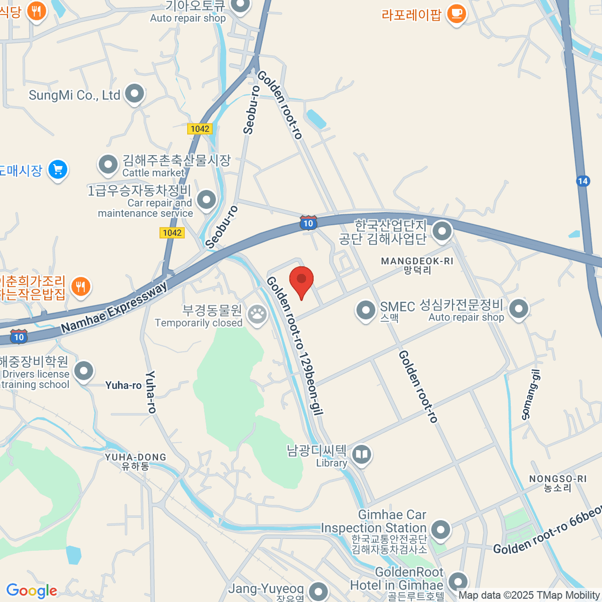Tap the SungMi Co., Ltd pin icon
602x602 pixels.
tap(134, 93)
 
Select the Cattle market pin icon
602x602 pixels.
tap(108, 164)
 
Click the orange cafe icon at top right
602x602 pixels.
tap(456, 13)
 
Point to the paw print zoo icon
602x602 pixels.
tap(257, 315)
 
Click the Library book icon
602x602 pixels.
tap(361, 455)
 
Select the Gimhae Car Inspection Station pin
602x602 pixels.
tap(440, 529)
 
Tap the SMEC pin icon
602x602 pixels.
tap(366, 310)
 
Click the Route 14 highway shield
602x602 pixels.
tap(582, 181)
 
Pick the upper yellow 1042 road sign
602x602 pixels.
tap(200, 129)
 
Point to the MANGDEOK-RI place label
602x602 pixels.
tap(417, 261)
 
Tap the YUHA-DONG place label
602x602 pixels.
tap(135, 457)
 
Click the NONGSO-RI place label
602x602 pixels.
tap(558, 479)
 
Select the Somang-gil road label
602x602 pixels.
tap(531, 394)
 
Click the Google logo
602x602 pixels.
tap(32, 591)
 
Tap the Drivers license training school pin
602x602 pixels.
tap(84, 371)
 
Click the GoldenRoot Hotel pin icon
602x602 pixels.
tap(458, 582)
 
